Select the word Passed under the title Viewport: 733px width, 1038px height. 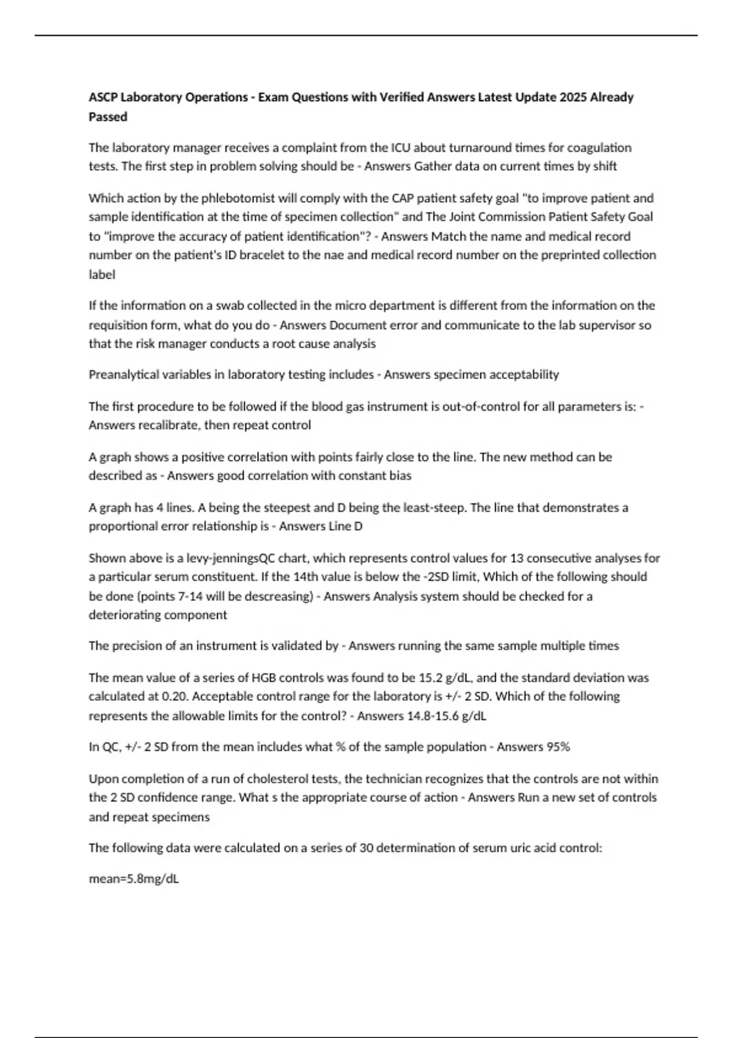point(108,117)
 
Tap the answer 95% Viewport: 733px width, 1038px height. point(557,747)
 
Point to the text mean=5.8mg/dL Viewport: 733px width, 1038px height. point(134,879)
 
